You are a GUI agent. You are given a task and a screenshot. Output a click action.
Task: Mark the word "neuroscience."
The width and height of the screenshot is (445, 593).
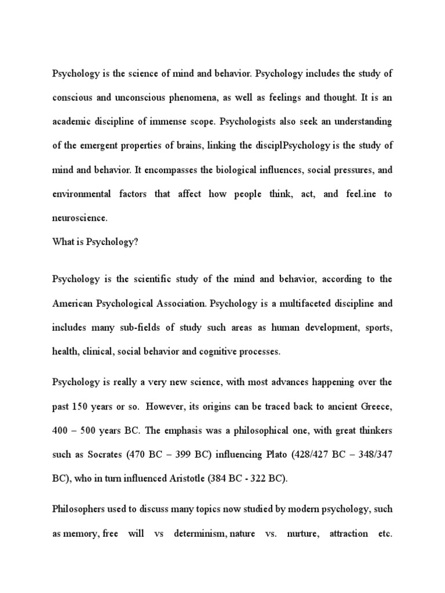pyautogui.click(x=80, y=219)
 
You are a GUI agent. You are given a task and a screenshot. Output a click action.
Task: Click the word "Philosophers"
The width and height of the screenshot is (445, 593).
pyautogui.click(x=83, y=510)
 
